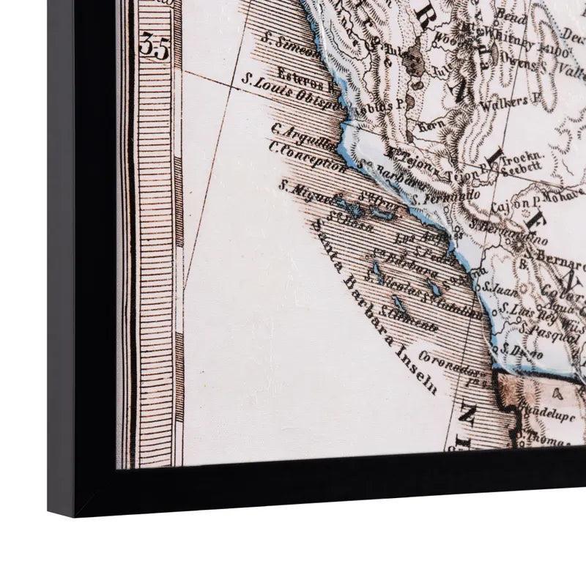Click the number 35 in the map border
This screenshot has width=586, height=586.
click(154, 48)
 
